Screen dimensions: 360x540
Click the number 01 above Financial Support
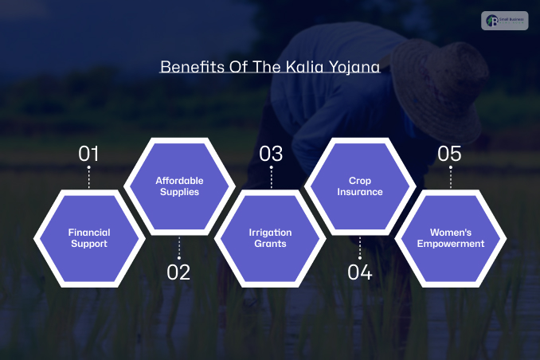(x=88, y=154)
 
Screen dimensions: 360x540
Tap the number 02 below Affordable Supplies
(x=178, y=272)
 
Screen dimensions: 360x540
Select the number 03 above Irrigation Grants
(x=271, y=154)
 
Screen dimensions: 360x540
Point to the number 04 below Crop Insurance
(x=360, y=272)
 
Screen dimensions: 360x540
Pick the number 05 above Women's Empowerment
(x=449, y=154)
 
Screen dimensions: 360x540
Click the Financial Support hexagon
(x=88, y=237)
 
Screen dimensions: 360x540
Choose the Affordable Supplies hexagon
(x=179, y=186)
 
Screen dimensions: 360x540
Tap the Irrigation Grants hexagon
(x=270, y=237)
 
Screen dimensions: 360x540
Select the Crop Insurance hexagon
(x=360, y=186)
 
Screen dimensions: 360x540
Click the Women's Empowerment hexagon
(x=451, y=237)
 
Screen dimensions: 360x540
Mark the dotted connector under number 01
(x=88, y=178)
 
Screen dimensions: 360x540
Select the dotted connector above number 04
(x=360, y=247)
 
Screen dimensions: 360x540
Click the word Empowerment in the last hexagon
(x=451, y=244)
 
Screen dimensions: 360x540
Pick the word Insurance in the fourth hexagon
(x=360, y=192)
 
